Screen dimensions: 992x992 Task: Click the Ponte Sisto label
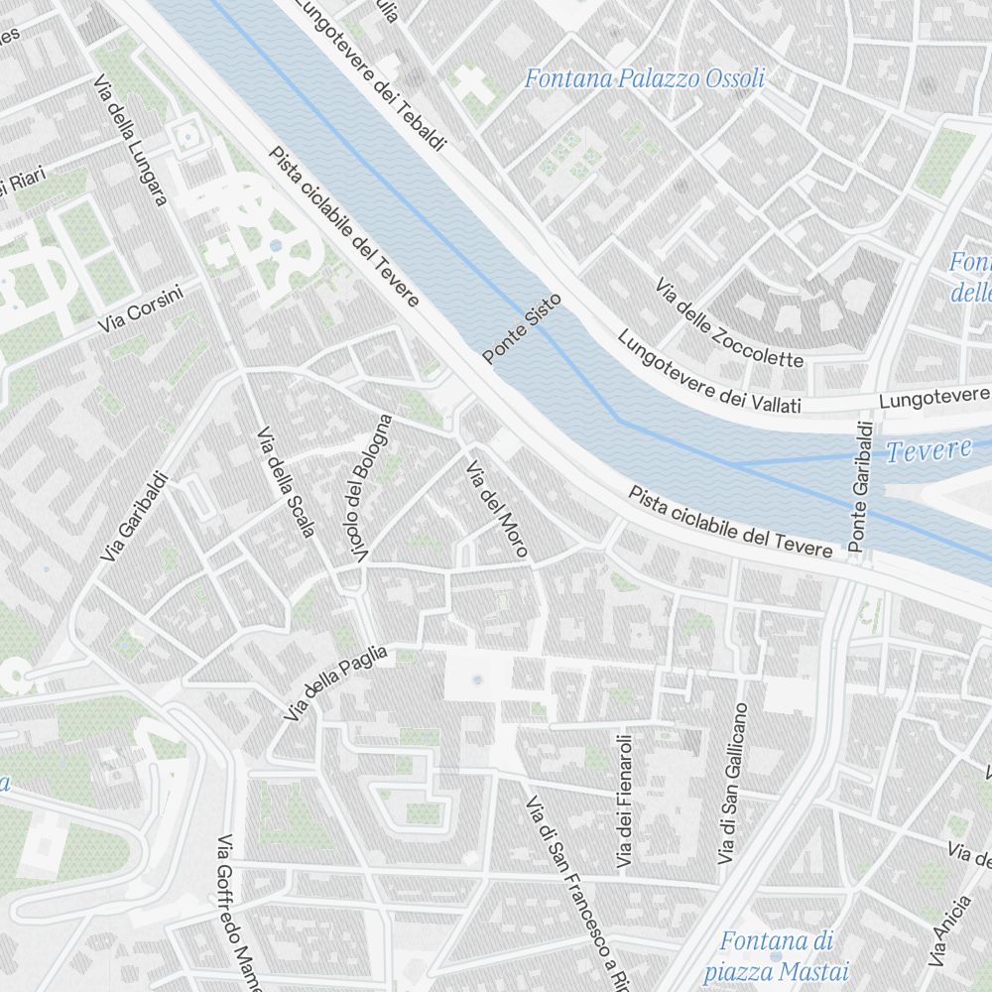coord(522,327)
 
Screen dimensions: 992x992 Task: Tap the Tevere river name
coord(929,451)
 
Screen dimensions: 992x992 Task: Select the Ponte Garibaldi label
coord(861,487)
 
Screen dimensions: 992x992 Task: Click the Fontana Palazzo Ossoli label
coord(645,78)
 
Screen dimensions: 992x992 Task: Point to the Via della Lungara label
coord(131,141)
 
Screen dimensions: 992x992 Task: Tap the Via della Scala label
coord(285,482)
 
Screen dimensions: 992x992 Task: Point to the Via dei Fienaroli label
coord(624,802)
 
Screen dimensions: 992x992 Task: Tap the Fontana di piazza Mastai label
coord(777,955)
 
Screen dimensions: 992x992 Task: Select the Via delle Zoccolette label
coord(728,321)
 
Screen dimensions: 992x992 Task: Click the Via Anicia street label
coord(948,930)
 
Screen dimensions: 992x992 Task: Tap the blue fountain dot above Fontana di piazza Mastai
coord(776,928)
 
